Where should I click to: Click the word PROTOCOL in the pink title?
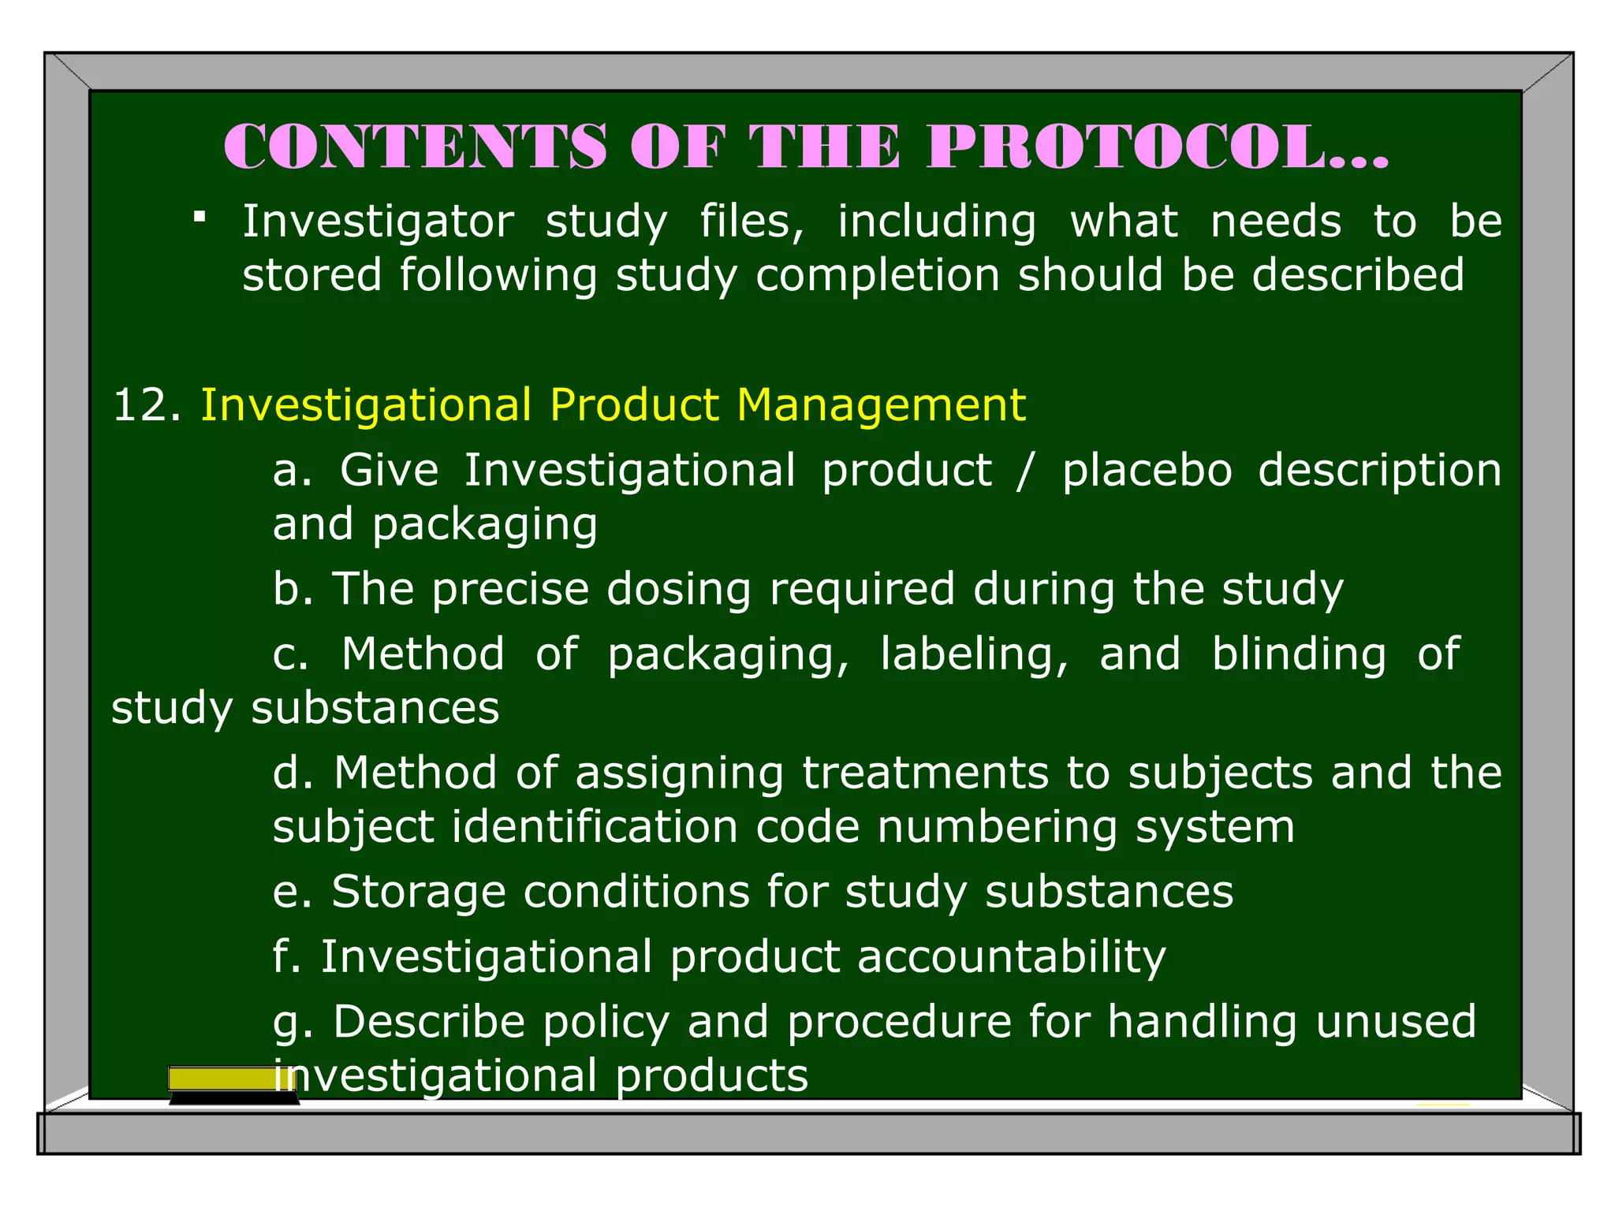[x=1157, y=147]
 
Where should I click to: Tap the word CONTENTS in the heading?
[x=416, y=147]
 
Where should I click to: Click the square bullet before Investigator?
[x=200, y=215]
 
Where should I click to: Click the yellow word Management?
[x=881, y=405]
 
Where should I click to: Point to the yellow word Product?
[x=635, y=405]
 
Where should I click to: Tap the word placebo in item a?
[x=1147, y=471]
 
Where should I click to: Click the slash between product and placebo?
[x=1024, y=471]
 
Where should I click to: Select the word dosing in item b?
[x=678, y=590]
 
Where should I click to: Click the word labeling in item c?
[x=974, y=655]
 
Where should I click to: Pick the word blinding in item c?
[x=1299, y=655]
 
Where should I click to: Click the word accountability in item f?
[x=1011, y=957]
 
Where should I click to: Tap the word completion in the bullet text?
[x=878, y=275]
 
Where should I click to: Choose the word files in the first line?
[x=752, y=222]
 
